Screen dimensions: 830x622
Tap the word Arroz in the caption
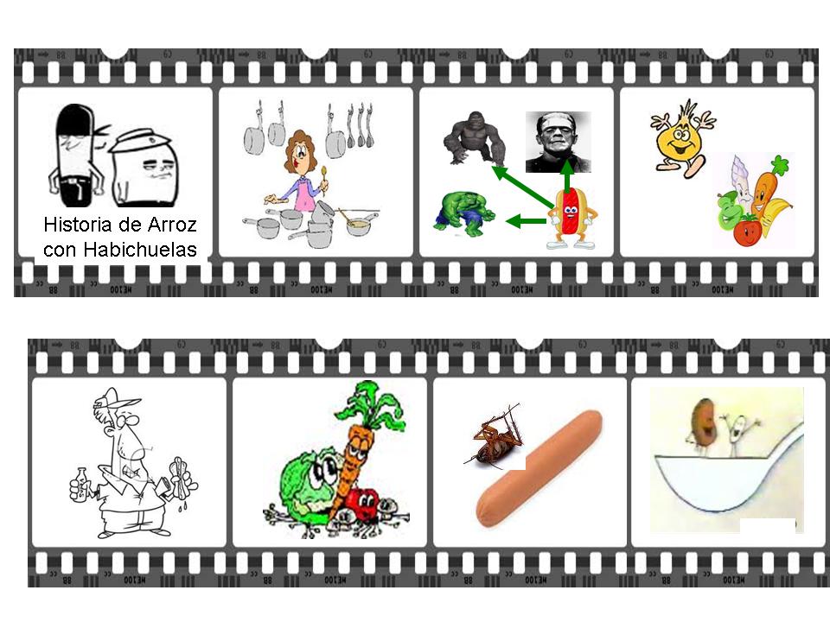coord(172,225)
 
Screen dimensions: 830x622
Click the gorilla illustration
coord(474,138)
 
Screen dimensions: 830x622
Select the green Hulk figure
coord(464,213)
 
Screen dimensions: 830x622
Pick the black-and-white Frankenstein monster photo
coord(558,142)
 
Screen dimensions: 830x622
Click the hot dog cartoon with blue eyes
coord(571,218)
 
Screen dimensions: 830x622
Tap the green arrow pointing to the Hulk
coord(527,220)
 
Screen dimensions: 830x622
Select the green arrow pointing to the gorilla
coord(522,186)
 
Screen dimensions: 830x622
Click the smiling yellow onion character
coord(682,138)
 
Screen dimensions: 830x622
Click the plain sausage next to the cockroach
coord(539,468)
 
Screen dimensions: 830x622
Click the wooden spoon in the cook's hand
coord(324,179)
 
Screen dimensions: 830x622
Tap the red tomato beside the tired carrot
coord(362,504)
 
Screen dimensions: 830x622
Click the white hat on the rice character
coord(141,140)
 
